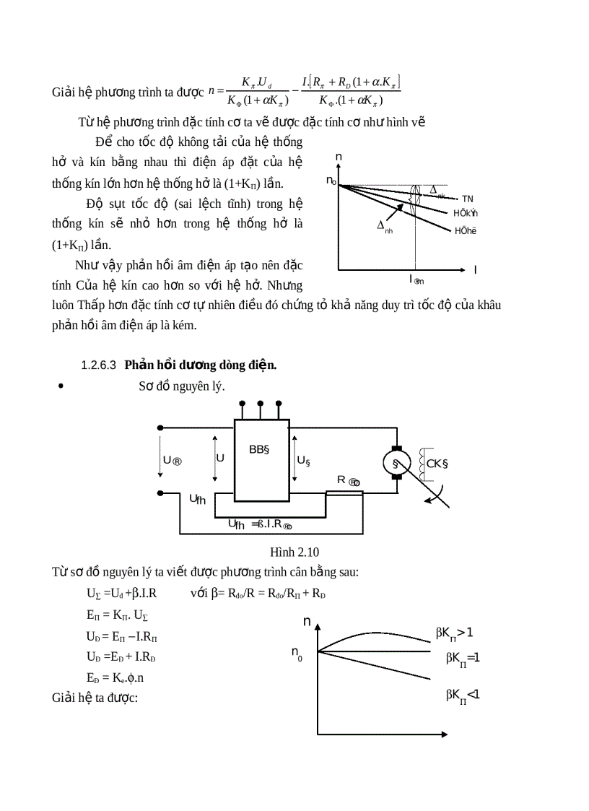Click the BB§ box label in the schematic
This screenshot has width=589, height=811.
point(259,449)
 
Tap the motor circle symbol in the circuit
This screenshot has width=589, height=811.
point(395,462)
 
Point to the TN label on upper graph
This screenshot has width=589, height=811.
point(468,199)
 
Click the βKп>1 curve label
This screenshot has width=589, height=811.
point(454,633)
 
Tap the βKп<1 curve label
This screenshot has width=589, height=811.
point(463,695)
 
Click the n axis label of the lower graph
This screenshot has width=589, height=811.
point(307,621)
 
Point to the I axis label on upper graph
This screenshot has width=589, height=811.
point(475,269)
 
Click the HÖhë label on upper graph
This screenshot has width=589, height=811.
point(466,231)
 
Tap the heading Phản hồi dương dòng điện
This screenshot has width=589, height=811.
point(201,365)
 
